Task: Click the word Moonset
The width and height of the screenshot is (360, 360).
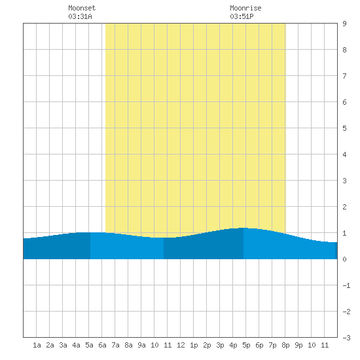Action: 82,8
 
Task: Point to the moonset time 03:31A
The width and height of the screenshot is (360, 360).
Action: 80,16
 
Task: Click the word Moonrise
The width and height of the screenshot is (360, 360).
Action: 245,8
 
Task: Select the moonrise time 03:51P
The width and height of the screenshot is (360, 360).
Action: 242,16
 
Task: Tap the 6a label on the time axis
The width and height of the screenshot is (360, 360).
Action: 102,345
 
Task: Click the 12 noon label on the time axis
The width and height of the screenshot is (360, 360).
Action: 181,345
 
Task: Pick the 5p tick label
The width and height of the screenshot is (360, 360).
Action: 246,345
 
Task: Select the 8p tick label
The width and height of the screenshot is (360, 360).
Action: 285,345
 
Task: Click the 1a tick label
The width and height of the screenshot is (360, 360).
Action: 37,345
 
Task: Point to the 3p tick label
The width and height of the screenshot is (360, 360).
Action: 220,345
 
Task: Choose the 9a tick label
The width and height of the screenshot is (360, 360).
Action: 141,345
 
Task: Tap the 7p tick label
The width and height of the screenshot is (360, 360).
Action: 272,345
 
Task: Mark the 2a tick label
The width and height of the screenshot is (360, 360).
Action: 50,345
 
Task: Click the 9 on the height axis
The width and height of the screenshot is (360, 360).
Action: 344,24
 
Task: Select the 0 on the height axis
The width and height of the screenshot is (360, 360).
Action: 344,259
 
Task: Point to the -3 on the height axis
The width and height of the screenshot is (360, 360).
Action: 346,338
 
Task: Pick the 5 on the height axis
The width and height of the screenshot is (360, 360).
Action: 344,128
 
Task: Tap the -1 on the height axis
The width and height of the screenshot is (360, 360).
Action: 346,285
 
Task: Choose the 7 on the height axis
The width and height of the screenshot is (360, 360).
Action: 344,76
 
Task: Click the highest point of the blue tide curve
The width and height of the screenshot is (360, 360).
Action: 244,228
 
